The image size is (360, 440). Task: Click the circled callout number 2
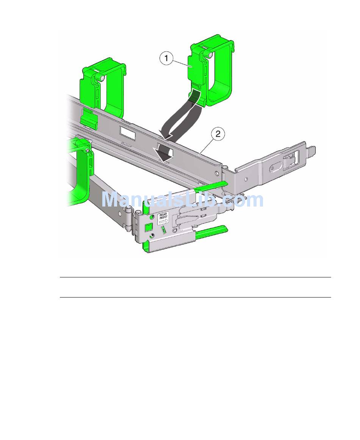tap(218, 134)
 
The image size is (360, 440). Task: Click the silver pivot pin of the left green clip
tap(103, 78)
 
